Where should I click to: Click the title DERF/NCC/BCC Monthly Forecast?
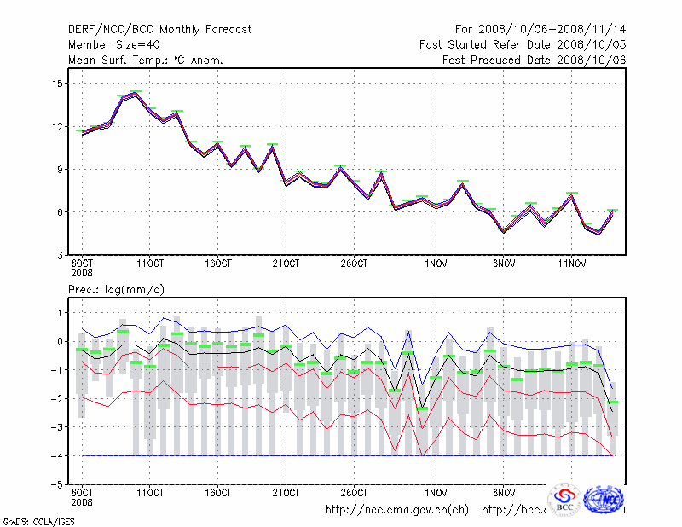click(x=160, y=29)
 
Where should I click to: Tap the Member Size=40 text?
click(x=113, y=44)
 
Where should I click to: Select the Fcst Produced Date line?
click(x=535, y=60)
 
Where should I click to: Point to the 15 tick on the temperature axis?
click(x=58, y=84)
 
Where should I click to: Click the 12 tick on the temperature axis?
click(x=58, y=126)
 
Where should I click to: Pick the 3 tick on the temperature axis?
click(x=61, y=255)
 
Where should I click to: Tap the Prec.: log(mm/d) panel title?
click(x=116, y=290)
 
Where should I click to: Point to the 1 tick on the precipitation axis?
click(x=61, y=313)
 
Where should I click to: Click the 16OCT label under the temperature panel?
click(x=218, y=263)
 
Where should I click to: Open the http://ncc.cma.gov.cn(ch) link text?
click(x=396, y=510)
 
